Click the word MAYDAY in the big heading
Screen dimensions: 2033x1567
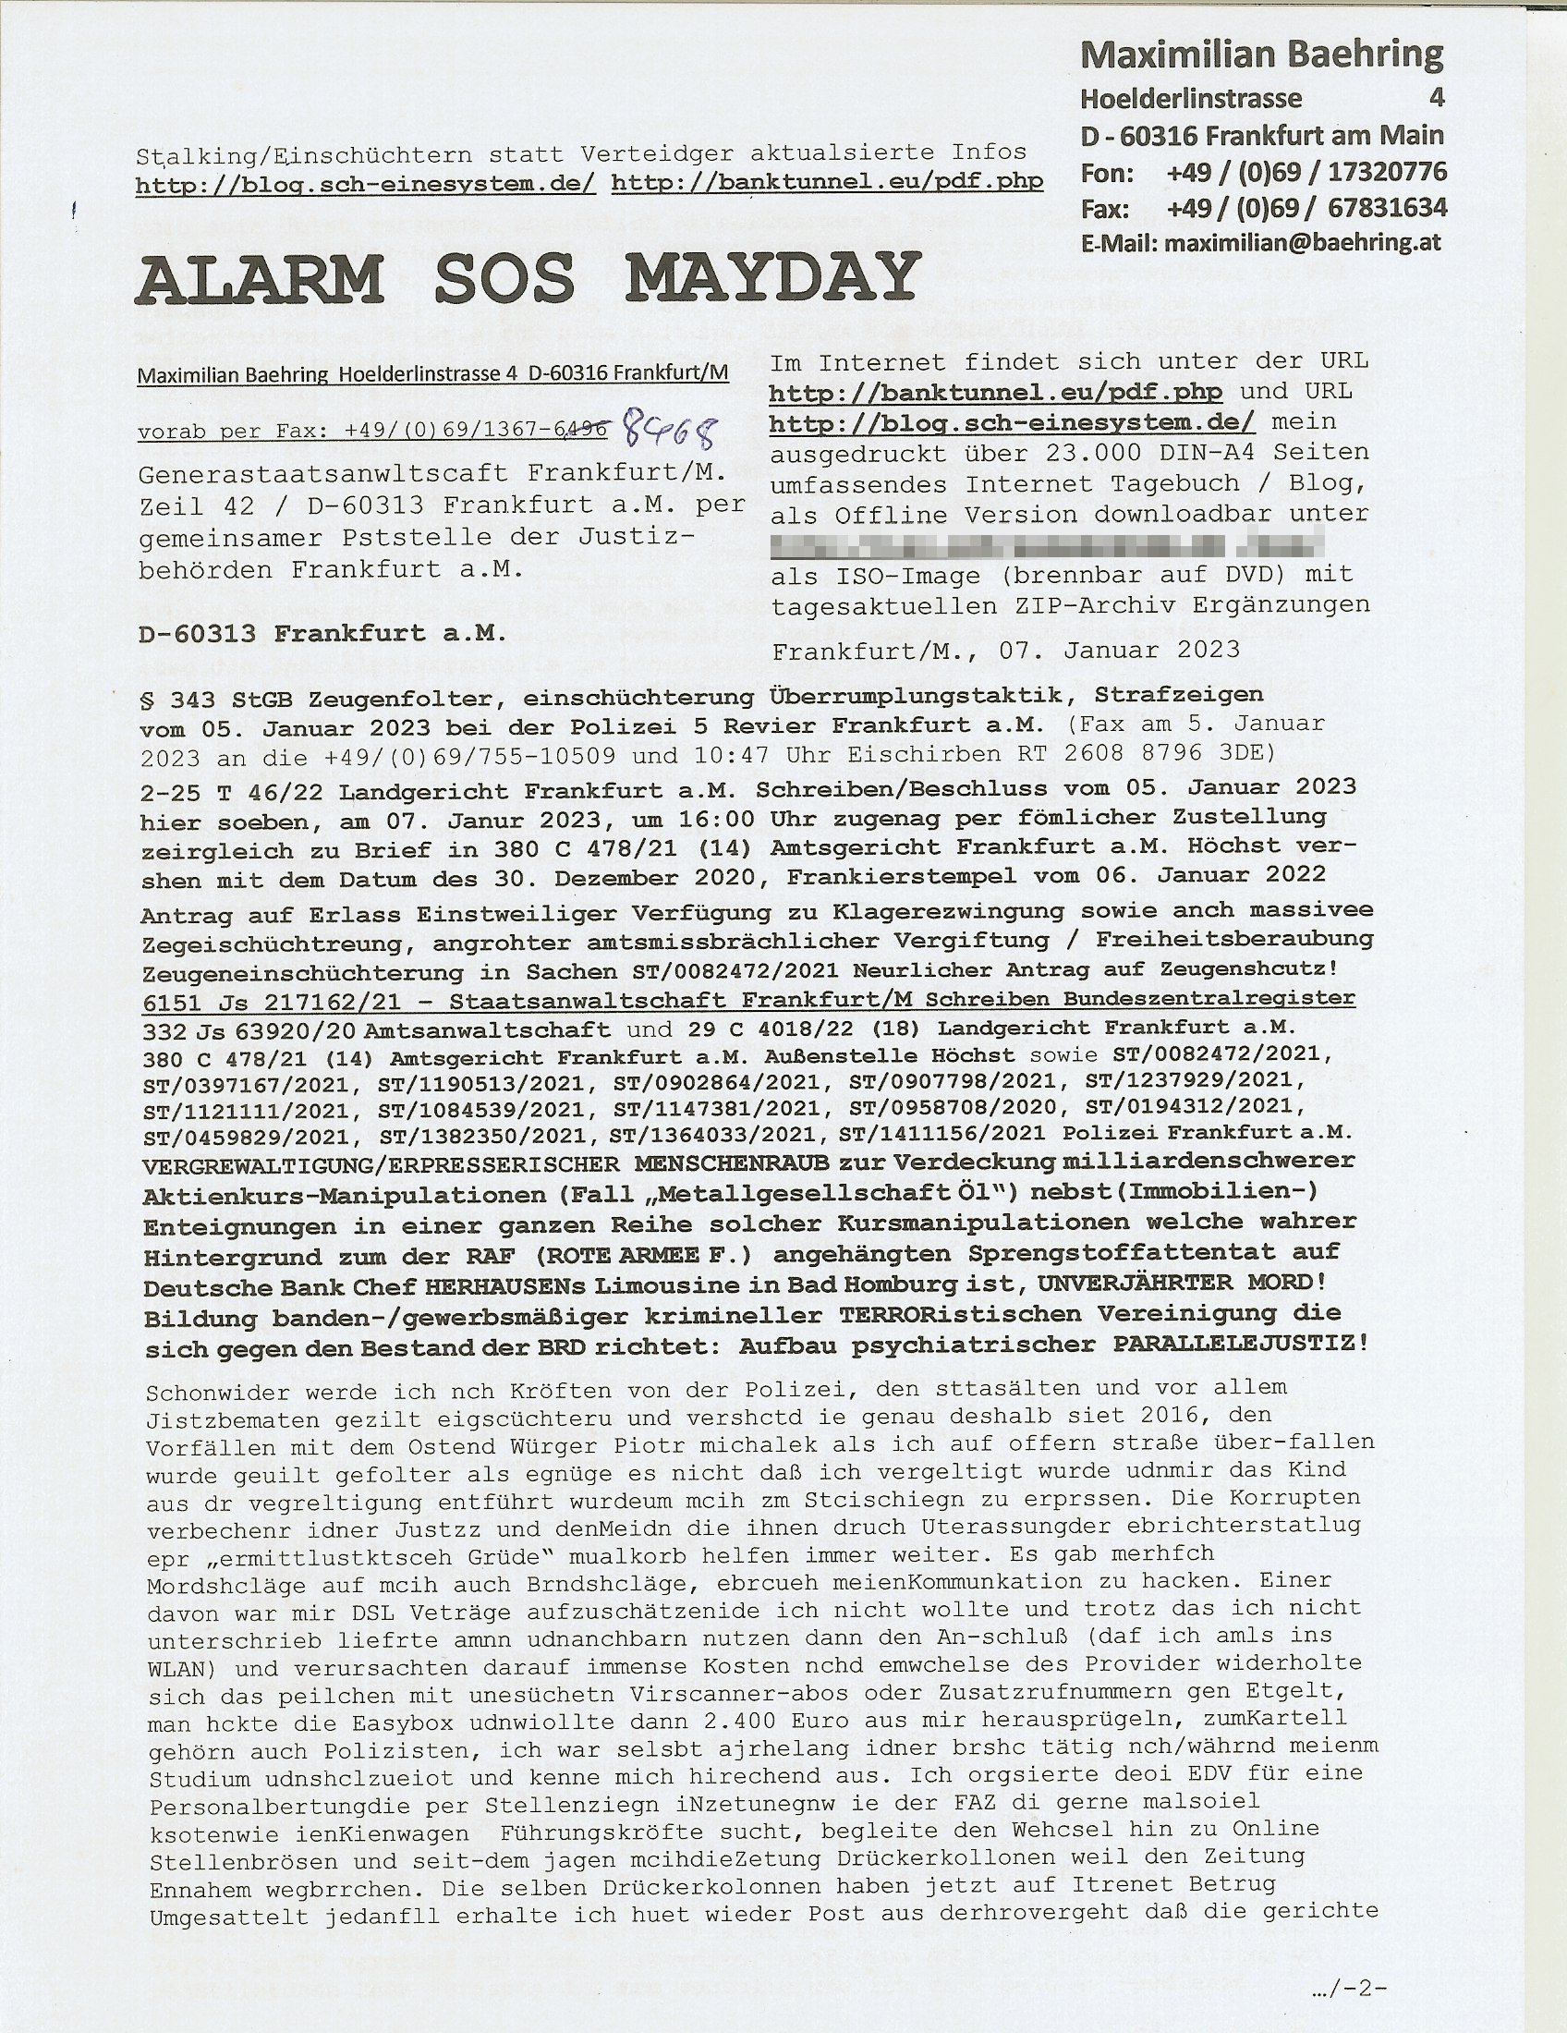(x=771, y=277)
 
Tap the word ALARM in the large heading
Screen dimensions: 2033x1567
(x=260, y=277)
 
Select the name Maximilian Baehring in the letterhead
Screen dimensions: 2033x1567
(x=1262, y=55)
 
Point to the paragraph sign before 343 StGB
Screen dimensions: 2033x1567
(x=146, y=695)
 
